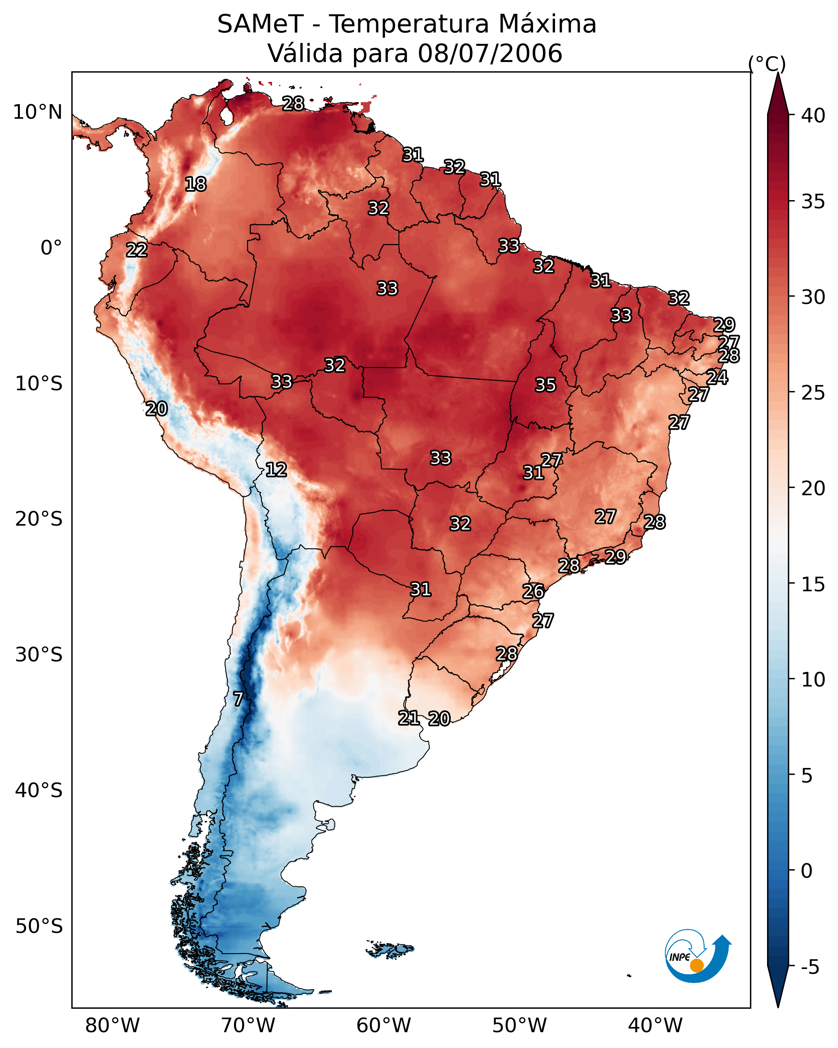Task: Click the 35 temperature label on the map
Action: point(545,385)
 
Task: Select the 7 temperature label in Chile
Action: point(238,699)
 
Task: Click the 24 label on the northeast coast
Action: point(717,377)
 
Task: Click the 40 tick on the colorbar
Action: point(813,115)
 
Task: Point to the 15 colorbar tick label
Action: point(813,584)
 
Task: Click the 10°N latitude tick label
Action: point(37,112)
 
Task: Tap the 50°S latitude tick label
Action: point(39,926)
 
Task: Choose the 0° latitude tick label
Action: point(51,248)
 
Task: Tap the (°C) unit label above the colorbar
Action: point(767,64)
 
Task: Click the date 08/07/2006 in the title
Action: point(490,53)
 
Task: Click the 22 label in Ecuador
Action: point(136,250)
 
